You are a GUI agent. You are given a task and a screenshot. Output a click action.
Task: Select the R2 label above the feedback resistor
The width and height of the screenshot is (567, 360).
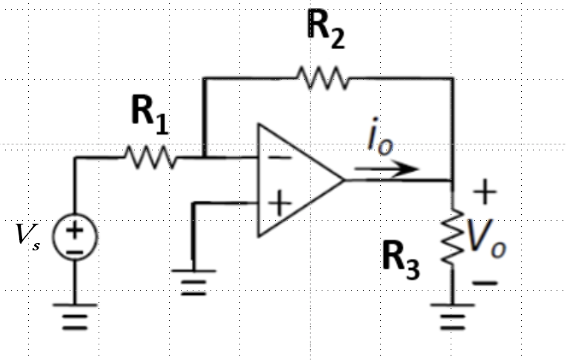[x=325, y=30]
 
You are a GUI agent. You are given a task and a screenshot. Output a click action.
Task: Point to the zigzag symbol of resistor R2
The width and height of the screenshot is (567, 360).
[x=321, y=76]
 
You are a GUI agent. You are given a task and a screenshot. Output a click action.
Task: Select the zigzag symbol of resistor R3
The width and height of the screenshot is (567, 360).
[x=452, y=238]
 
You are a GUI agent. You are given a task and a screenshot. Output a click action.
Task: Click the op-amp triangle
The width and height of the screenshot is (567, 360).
[x=296, y=180]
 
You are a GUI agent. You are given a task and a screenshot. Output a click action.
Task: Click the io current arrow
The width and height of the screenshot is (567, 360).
[x=385, y=170]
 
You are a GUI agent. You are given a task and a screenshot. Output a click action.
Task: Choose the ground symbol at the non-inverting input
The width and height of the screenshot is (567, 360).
[x=194, y=281]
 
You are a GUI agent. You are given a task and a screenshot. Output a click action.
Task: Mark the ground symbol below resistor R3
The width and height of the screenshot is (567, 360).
[x=452, y=318]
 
